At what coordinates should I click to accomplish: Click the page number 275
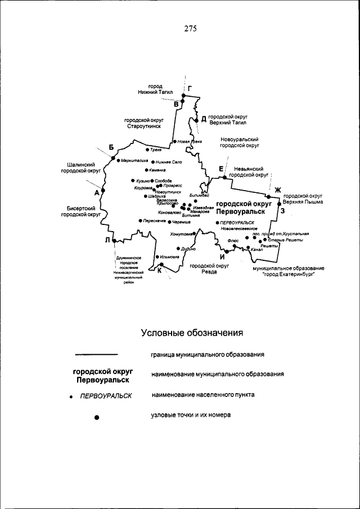pyautogui.click(x=190, y=30)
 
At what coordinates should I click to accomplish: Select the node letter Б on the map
pyautogui.click(x=111, y=147)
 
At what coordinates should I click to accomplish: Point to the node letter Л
pyautogui.click(x=107, y=240)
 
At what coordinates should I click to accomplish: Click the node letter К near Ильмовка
pyautogui.click(x=159, y=271)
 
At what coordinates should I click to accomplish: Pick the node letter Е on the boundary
pyautogui.click(x=221, y=169)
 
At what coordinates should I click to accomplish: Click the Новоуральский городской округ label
pyautogui.click(x=239, y=142)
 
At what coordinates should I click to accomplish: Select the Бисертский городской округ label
pyautogui.click(x=81, y=211)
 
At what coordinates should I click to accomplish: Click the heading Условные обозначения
pyautogui.click(x=191, y=332)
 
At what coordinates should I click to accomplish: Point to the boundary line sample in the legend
pyautogui.click(x=96, y=355)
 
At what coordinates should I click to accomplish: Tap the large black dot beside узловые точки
pyautogui.click(x=97, y=417)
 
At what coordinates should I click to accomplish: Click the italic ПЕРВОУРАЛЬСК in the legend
pyautogui.click(x=106, y=395)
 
